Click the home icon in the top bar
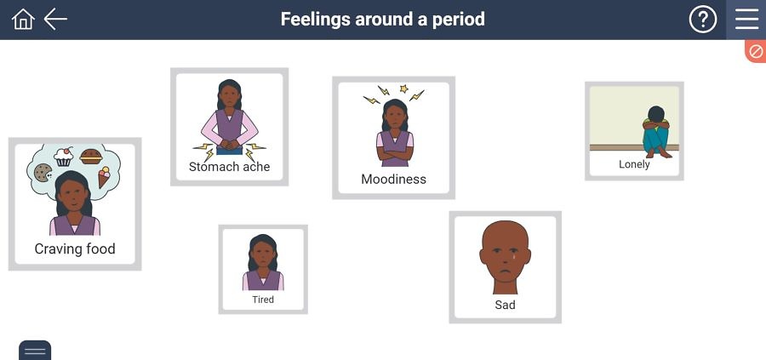click(23, 20)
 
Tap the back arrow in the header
click(55, 20)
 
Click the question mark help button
click(702, 20)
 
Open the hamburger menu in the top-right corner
click(746, 20)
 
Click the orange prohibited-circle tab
click(756, 51)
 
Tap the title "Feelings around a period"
click(383, 19)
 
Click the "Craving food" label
click(75, 249)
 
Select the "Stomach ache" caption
click(229, 167)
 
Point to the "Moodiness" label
click(393, 180)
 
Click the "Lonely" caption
click(634, 164)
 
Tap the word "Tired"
click(263, 300)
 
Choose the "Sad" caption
click(505, 305)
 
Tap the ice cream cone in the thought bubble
click(104, 176)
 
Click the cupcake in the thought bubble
click(64, 157)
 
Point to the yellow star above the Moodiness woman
click(403, 89)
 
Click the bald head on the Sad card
click(505, 251)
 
